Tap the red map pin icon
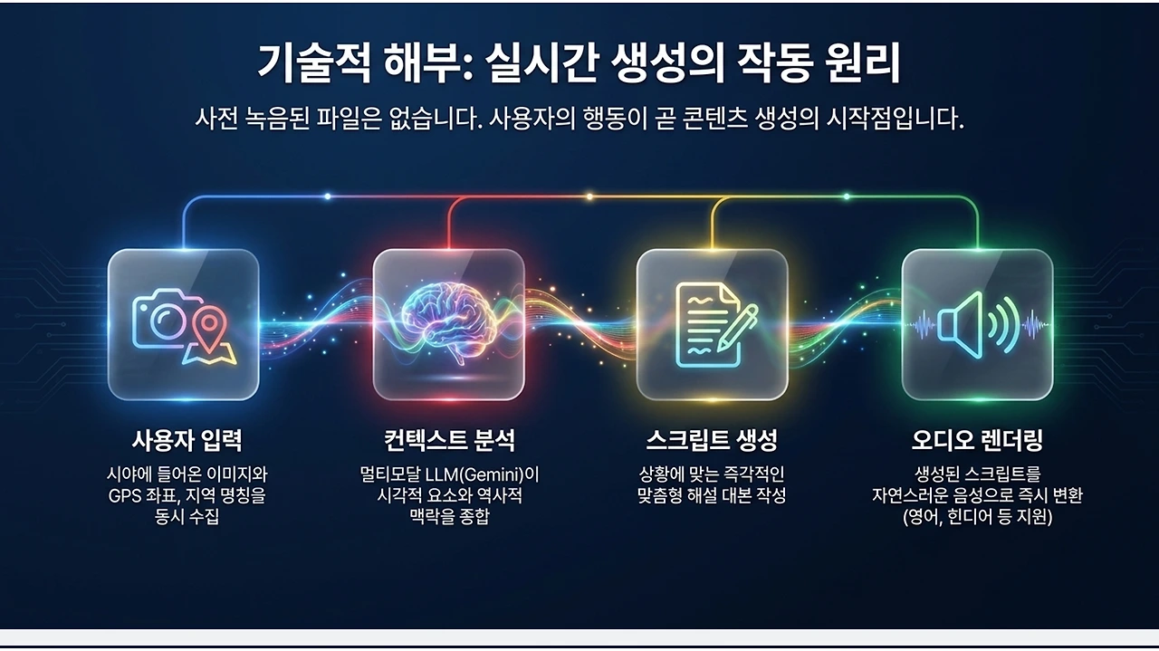pyautogui.click(x=209, y=328)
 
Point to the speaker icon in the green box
pyautogui.click(x=977, y=325)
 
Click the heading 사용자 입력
pyautogui.click(x=187, y=440)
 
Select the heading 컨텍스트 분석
pyautogui.click(x=448, y=440)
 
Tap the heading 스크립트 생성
pyautogui.click(x=712, y=440)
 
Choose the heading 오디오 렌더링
pyautogui.click(x=977, y=440)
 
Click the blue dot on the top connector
pyautogui.click(x=328, y=196)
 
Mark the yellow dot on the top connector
pyautogui.click(x=589, y=196)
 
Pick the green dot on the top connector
pyautogui.click(x=847, y=196)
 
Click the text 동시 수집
pyautogui.click(x=187, y=516)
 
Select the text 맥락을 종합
pyautogui.click(x=448, y=516)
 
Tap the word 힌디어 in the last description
pyautogui.click(x=971, y=517)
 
